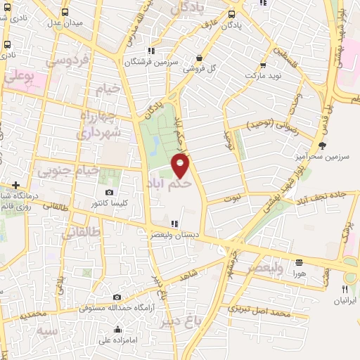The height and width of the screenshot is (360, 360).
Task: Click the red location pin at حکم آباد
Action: coord(181,166)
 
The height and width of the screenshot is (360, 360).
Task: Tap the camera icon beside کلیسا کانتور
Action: coord(109,193)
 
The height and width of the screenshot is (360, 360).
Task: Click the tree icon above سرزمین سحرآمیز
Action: coord(322,146)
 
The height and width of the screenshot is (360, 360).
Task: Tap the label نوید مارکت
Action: coord(263,74)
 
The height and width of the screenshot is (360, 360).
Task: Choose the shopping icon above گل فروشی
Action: coord(200,58)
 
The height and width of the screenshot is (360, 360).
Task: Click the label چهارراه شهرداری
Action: coord(100,123)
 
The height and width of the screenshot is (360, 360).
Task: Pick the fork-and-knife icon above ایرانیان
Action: coord(345,289)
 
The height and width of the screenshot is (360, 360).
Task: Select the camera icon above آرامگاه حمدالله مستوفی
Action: coord(117,297)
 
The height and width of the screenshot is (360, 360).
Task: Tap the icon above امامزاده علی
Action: coord(118,330)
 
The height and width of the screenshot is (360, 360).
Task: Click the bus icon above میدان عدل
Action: coord(65,12)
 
